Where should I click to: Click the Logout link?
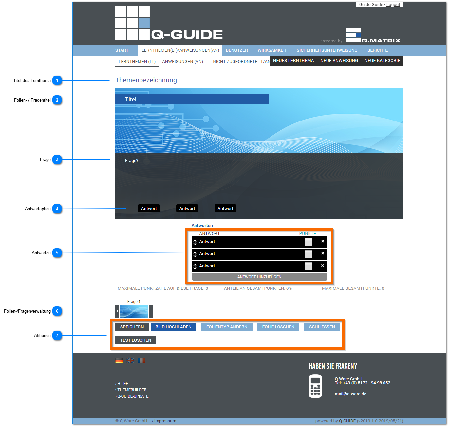pyautogui.click(x=393, y=4)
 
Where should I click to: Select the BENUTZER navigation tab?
pyautogui.click(x=236, y=50)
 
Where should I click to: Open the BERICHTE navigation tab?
pyautogui.click(x=377, y=50)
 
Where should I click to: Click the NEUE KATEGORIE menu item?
pyautogui.click(x=382, y=61)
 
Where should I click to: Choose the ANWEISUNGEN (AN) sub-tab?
pyautogui.click(x=182, y=62)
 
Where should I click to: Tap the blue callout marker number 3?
pyautogui.click(x=57, y=159)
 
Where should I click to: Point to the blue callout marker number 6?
pyautogui.click(x=57, y=311)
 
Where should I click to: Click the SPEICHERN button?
pyautogui.click(x=132, y=327)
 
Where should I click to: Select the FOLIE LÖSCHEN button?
pyautogui.click(x=278, y=327)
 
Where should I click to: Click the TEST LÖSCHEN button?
pyautogui.click(x=136, y=340)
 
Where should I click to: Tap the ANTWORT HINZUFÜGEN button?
pyautogui.click(x=259, y=277)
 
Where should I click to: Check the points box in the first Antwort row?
pyautogui.click(x=308, y=242)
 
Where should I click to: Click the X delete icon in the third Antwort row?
pyautogui.click(x=323, y=265)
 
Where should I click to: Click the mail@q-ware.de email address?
pyautogui.click(x=350, y=394)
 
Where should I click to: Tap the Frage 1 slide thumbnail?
pyautogui.click(x=134, y=311)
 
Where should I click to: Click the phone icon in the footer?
pyautogui.click(x=315, y=386)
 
